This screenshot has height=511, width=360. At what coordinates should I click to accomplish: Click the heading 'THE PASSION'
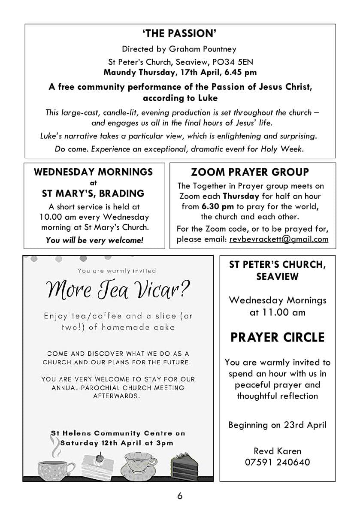180,33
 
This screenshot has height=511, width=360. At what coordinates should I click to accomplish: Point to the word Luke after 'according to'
207,98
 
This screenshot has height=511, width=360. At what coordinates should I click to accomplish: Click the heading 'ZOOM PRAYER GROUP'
250,172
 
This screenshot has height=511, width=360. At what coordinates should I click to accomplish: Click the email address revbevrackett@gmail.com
278,239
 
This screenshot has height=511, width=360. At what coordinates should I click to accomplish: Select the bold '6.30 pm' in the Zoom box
217,206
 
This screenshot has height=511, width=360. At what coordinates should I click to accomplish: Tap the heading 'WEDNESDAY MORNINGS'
93,172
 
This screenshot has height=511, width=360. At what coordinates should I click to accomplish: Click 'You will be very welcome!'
94,240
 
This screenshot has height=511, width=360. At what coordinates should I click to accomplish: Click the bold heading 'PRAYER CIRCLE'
277,337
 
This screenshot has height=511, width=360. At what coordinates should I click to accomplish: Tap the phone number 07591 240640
277,462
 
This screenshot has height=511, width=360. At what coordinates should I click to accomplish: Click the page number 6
180,496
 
